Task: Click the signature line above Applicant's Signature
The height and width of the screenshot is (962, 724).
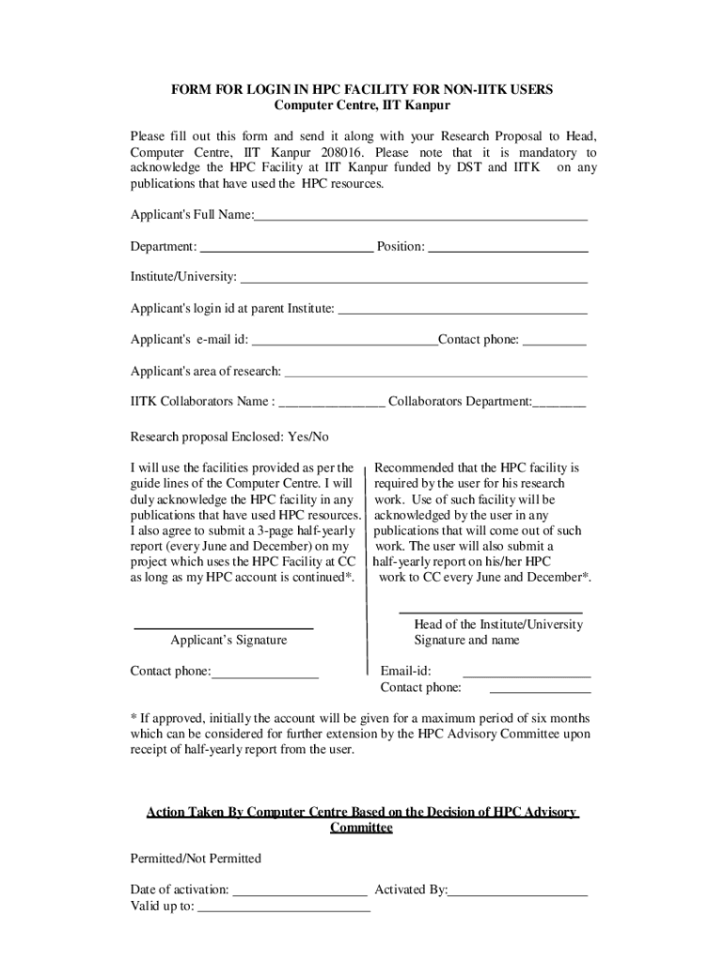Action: click(x=224, y=627)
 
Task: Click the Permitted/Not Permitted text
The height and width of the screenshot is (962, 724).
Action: click(x=196, y=859)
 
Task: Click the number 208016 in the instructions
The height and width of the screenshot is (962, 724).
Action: click(x=347, y=152)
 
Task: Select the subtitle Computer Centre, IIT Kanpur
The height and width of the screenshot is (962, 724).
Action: click(x=362, y=105)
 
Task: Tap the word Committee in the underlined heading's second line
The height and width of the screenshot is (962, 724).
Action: click(x=361, y=828)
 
